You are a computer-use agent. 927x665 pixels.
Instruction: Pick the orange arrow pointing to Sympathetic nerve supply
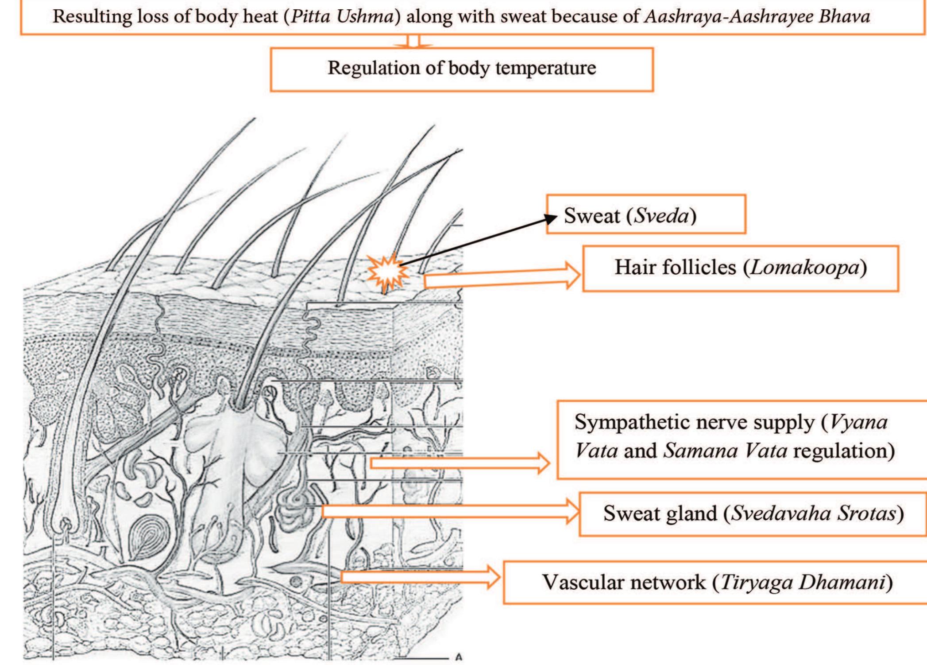tap(460, 463)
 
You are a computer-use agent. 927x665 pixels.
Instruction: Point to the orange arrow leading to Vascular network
tap(421, 576)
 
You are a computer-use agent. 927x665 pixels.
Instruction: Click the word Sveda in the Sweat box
tap(662, 216)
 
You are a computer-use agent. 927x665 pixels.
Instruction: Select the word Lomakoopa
tap(804, 268)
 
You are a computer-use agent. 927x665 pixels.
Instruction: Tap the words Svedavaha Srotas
tap(813, 513)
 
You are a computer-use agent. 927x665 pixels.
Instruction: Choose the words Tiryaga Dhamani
tap(802, 582)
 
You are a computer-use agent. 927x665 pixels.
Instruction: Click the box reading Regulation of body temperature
tap(461, 69)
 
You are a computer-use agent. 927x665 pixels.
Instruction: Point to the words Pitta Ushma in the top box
tap(342, 17)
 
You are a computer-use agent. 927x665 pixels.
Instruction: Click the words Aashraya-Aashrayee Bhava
tap(757, 17)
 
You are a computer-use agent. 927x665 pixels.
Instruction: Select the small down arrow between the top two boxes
tap(413, 42)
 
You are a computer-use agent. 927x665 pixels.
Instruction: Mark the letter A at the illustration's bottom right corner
tap(459, 657)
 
